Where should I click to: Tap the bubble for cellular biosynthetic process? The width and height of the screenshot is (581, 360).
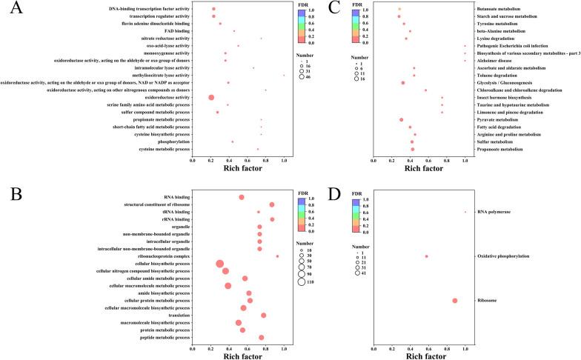[219, 264]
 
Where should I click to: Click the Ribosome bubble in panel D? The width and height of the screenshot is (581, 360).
[455, 300]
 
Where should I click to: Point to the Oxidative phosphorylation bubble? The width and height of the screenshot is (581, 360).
[427, 256]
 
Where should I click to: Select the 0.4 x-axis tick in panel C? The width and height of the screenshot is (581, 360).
[410, 159]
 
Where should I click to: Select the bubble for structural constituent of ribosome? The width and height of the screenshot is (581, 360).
[272, 204]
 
